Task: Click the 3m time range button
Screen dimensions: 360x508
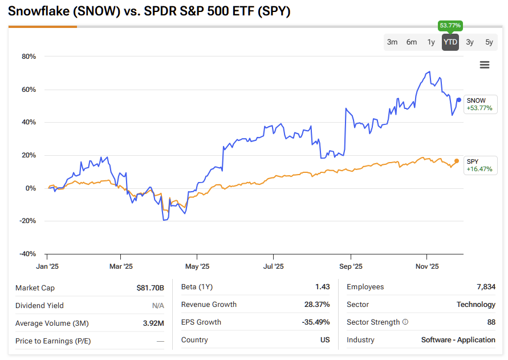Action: [392, 42]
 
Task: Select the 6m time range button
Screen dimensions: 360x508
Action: [412, 42]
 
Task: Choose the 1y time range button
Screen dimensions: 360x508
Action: [431, 42]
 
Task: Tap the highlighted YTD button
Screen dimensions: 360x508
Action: [450, 42]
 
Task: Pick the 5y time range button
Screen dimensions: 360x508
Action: [489, 42]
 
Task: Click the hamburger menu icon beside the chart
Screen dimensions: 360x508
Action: [485, 65]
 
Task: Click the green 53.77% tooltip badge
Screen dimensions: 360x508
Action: [450, 26]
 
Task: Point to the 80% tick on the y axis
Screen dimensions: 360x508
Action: [29, 56]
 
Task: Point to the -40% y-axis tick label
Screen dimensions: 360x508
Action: [27, 254]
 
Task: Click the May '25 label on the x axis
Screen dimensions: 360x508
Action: [197, 266]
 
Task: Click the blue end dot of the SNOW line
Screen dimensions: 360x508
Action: [459, 100]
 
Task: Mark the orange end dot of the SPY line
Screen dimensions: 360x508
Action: [456, 161]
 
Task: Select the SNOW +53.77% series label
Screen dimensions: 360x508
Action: [479, 104]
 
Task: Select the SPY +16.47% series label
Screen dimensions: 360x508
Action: [479, 165]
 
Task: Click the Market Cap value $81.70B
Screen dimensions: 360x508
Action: [151, 288]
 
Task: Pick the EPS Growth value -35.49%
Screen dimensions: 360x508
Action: [316, 322]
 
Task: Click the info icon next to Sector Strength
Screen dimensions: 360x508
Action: [405, 322]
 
